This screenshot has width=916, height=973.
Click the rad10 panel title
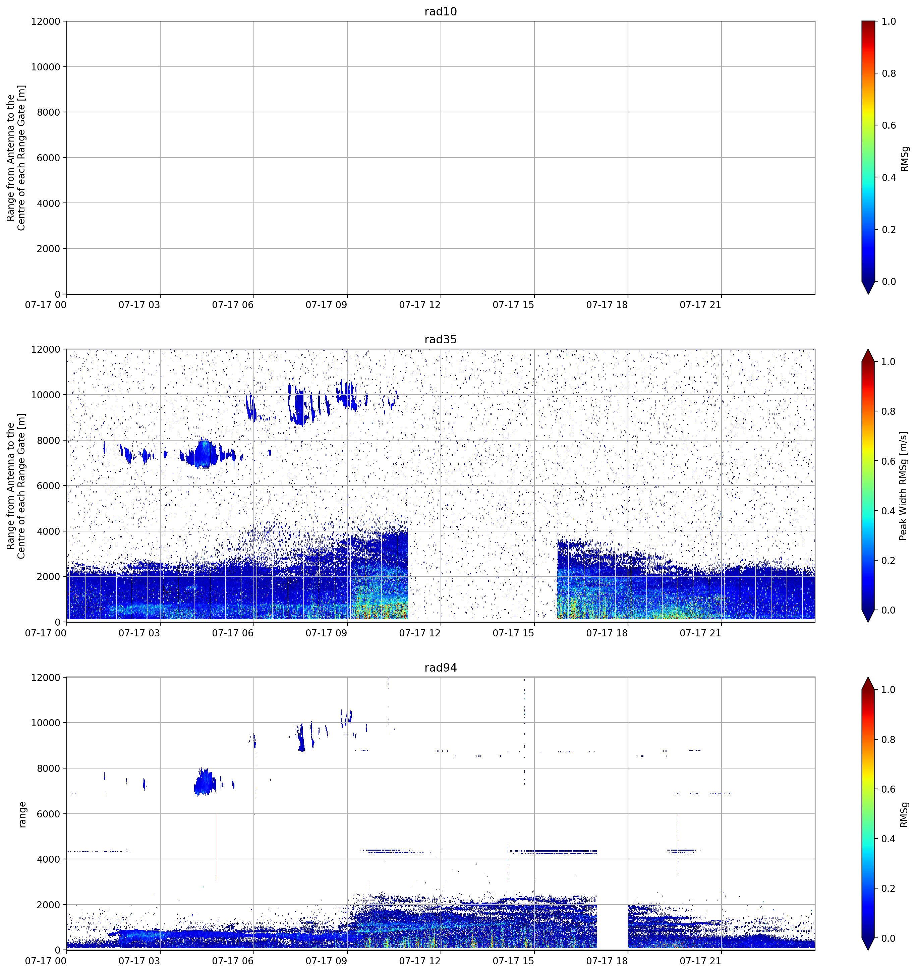pos(440,11)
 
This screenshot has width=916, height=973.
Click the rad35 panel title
pos(440,339)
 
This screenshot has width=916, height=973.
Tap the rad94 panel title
pos(440,668)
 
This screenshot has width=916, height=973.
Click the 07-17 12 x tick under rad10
pos(420,305)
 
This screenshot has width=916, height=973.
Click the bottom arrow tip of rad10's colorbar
pos(868,294)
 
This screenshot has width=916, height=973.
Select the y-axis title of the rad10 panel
pos(16,158)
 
